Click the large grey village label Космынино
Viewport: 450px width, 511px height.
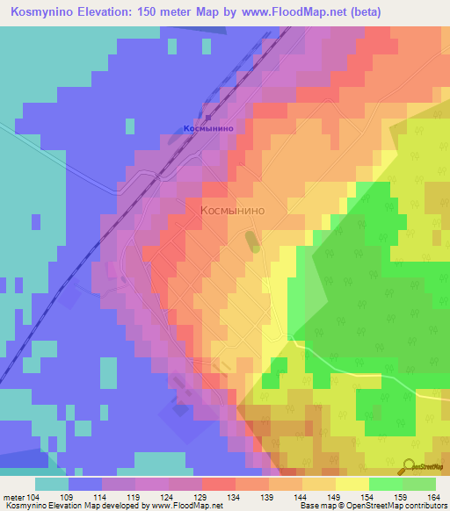pyautogui.click(x=232, y=211)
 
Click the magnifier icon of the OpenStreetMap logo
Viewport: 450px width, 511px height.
pyautogui.click(x=410, y=465)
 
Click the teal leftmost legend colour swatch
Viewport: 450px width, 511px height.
pyautogui.click(x=52, y=484)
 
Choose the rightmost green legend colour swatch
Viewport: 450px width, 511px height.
pyautogui.click(x=418, y=484)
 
